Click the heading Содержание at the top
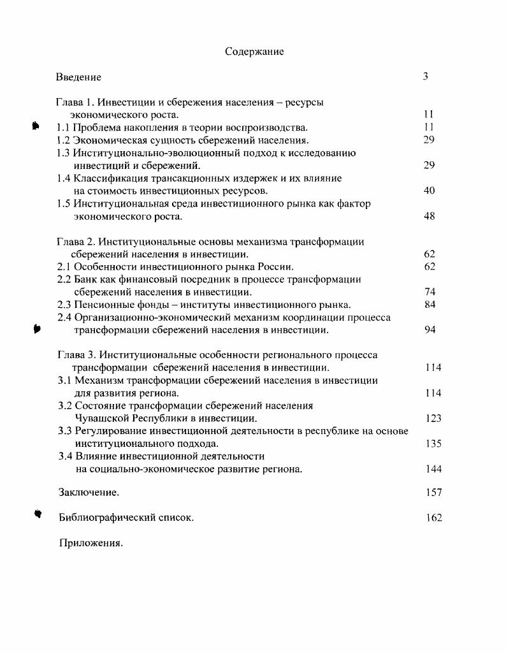(254, 52)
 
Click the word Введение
(78, 77)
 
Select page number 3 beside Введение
(425, 76)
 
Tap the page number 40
(429, 191)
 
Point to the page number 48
(429, 216)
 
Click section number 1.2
(63, 140)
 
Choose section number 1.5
(63, 204)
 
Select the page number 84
(430, 305)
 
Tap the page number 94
(430, 330)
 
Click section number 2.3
(64, 305)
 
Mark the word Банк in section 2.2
(86, 279)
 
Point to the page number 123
(433, 419)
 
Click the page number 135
(433, 444)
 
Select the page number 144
(433, 469)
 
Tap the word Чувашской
(102, 419)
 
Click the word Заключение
(89, 493)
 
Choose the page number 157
(433, 493)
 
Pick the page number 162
(433, 518)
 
